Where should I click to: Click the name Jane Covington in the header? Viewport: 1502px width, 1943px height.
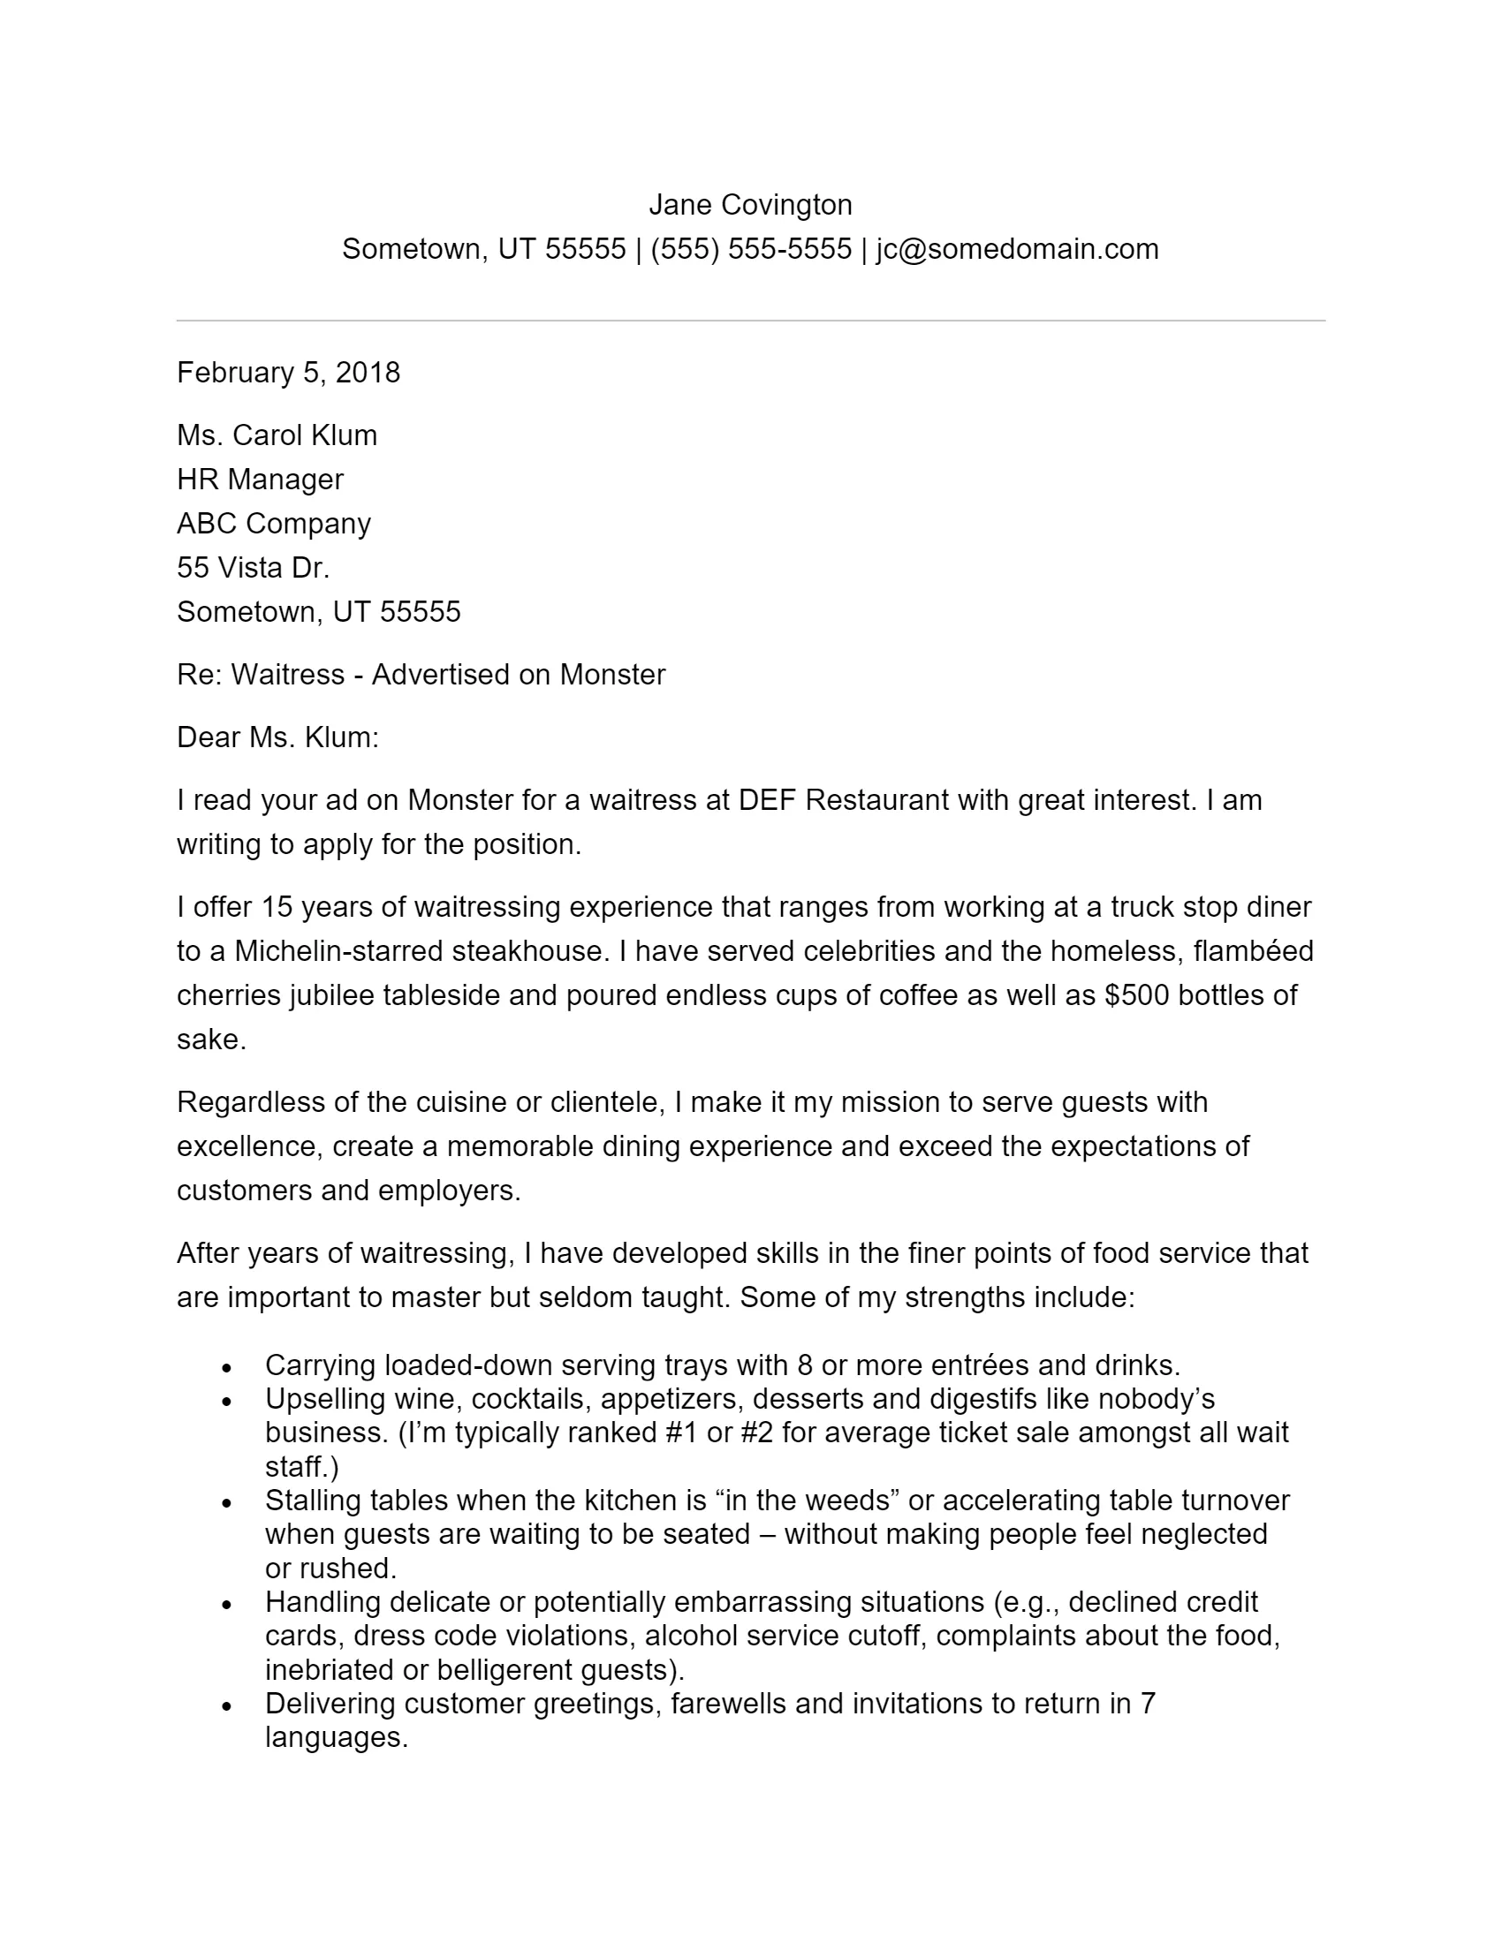click(x=750, y=205)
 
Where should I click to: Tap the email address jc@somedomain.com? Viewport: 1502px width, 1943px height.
click(x=1017, y=249)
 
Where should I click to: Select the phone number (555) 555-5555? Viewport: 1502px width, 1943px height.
click(x=751, y=249)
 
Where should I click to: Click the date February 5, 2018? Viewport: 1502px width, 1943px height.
click(x=288, y=372)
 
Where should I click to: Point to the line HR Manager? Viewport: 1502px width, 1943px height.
click(x=260, y=480)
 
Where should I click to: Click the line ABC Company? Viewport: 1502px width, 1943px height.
click(x=273, y=523)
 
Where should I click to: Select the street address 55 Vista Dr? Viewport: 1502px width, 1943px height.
click(x=253, y=568)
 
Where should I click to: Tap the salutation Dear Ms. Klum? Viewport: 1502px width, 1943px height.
click(x=277, y=737)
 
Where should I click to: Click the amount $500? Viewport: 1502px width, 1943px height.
click(x=1136, y=994)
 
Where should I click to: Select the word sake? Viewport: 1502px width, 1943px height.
click(x=210, y=1040)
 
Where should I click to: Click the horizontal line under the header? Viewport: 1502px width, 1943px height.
click(x=750, y=321)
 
